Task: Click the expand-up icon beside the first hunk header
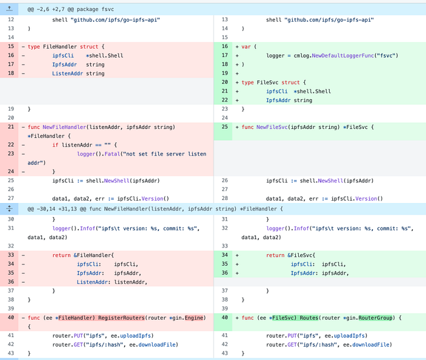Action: [x=9, y=9]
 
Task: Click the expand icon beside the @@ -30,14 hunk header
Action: [x=9, y=209]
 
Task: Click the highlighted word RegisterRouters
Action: [x=122, y=317]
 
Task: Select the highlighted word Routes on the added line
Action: [x=309, y=317]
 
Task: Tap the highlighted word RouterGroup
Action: [x=375, y=317]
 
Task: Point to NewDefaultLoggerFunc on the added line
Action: [x=343, y=56]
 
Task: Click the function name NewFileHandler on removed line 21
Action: [x=64, y=127]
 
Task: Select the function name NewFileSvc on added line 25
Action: [x=272, y=127]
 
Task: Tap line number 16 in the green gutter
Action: [x=225, y=46]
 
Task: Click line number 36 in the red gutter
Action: [x=11, y=282]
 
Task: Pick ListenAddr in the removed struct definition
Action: [x=68, y=74]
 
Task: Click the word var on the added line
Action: [x=246, y=47]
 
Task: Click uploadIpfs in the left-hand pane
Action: [x=135, y=336]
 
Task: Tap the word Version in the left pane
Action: [x=152, y=198]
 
